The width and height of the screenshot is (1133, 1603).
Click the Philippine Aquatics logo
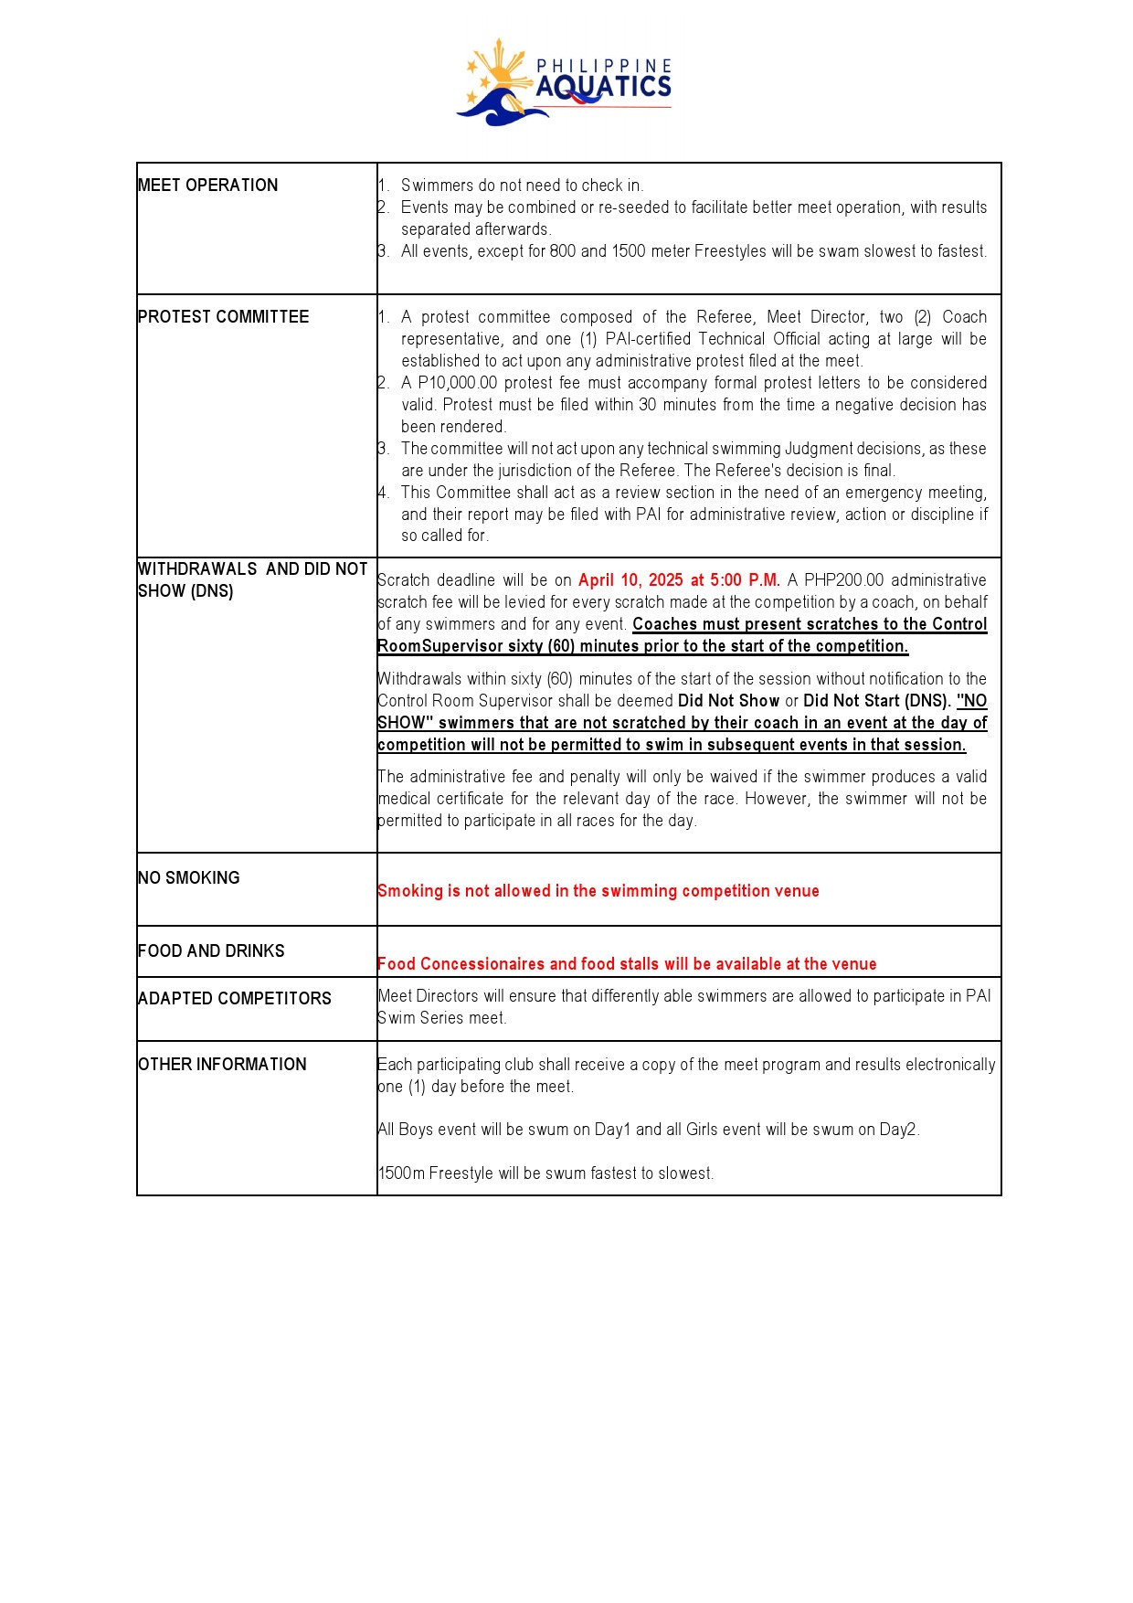click(x=565, y=82)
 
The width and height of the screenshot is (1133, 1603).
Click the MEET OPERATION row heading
click(x=207, y=186)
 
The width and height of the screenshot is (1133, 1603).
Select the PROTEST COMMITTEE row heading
click(x=223, y=317)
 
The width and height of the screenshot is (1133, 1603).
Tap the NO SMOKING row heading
click(x=188, y=878)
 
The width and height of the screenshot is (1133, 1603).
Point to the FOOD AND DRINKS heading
click(x=211, y=951)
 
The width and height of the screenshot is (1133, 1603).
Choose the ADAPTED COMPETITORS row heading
click(x=234, y=999)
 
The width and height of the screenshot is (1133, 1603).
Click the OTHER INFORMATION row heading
click(x=222, y=1065)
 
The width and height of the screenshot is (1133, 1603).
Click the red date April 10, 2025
click(x=630, y=580)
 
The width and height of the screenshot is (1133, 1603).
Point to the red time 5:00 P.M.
click(x=745, y=580)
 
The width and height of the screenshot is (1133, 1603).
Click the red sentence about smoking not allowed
click(x=598, y=891)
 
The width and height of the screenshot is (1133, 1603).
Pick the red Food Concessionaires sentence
click(x=626, y=964)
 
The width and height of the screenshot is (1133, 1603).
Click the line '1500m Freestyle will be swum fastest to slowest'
click(x=545, y=1173)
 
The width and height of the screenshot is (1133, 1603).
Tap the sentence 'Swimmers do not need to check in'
click(x=522, y=186)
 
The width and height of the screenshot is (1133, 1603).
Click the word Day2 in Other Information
click(x=898, y=1130)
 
